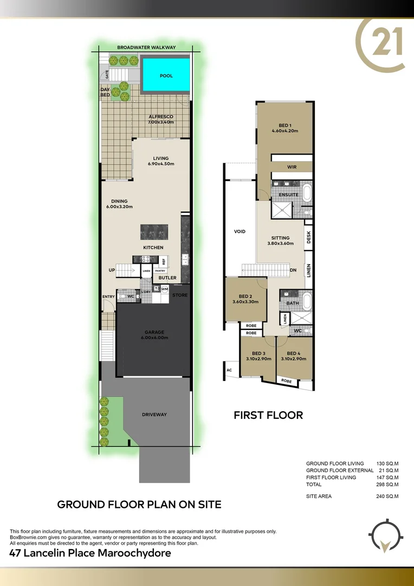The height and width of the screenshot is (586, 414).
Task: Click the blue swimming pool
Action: click(166, 75)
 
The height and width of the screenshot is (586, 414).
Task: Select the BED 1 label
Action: click(284, 125)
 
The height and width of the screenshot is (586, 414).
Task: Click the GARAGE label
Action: click(154, 332)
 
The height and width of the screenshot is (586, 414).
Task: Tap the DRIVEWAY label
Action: click(154, 415)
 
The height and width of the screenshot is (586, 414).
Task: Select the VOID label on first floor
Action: click(240, 232)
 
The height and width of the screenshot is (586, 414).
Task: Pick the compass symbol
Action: click(385, 537)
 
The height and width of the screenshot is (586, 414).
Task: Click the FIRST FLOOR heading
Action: click(268, 415)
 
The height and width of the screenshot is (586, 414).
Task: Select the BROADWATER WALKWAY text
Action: click(146, 48)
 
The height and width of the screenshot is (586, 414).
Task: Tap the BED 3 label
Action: click(258, 353)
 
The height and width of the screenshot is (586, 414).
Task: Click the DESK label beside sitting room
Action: click(308, 237)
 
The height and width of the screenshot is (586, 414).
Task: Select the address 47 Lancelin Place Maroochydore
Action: click(90, 553)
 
